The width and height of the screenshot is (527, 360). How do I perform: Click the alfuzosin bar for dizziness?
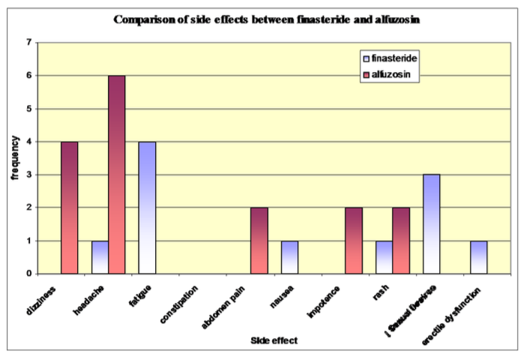(x=69, y=208)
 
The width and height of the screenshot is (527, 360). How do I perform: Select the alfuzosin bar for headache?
(x=116, y=175)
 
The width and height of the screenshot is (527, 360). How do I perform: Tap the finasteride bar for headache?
(x=100, y=257)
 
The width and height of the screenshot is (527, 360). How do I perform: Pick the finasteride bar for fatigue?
(x=147, y=208)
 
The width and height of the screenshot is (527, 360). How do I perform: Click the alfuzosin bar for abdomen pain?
(x=259, y=241)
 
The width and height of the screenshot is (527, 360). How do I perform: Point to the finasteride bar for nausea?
(x=289, y=257)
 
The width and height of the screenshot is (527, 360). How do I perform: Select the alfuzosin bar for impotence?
(x=353, y=241)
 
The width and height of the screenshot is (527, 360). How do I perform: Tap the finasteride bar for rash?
(x=384, y=257)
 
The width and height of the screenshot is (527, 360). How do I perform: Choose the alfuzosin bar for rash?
(x=400, y=241)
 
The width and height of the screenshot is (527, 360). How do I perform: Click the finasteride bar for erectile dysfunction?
(x=478, y=257)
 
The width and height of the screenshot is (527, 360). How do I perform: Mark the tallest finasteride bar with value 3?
(x=431, y=224)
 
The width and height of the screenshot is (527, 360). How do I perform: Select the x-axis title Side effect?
(x=274, y=340)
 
